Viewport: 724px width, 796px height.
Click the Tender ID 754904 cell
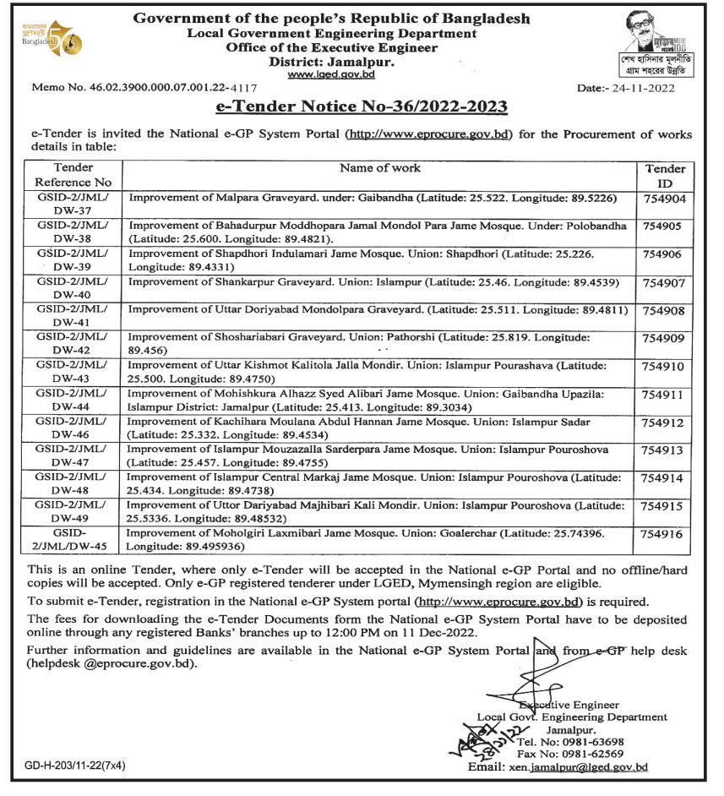(x=667, y=199)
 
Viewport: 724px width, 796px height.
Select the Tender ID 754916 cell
(x=667, y=535)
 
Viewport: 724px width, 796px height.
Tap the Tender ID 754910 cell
(x=667, y=368)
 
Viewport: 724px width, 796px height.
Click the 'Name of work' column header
(x=379, y=167)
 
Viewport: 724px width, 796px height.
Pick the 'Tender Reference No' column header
(x=73, y=174)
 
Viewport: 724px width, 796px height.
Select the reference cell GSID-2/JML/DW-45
(x=73, y=540)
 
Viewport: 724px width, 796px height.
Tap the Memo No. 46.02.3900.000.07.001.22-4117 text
(x=144, y=87)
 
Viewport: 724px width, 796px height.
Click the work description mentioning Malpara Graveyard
(x=372, y=199)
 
